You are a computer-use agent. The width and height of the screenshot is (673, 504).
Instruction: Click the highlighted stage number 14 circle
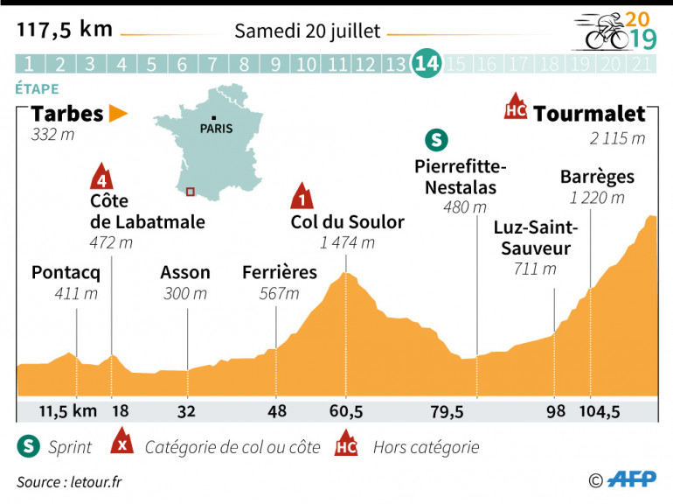coord(427,64)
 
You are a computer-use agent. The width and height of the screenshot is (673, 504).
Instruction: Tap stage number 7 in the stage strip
coord(212,64)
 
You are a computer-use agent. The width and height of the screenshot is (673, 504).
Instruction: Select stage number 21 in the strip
coord(642,64)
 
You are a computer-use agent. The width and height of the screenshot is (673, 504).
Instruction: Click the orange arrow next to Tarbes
coord(118,114)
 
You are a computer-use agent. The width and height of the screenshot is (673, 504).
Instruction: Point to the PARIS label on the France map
coord(217,128)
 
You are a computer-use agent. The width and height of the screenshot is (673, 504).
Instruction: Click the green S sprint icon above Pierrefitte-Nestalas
coord(434,139)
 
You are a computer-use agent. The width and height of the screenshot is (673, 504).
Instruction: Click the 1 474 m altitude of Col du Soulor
coord(347,243)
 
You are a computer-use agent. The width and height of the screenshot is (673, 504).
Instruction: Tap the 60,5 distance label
coord(346,412)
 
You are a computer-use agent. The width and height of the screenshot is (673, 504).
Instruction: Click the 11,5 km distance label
coord(67,412)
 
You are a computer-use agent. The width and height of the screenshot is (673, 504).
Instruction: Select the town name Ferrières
coord(280,272)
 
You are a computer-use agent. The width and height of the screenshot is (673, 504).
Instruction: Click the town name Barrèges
coord(597,177)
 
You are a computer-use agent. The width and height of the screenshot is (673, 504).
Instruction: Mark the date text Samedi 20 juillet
coord(307,31)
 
